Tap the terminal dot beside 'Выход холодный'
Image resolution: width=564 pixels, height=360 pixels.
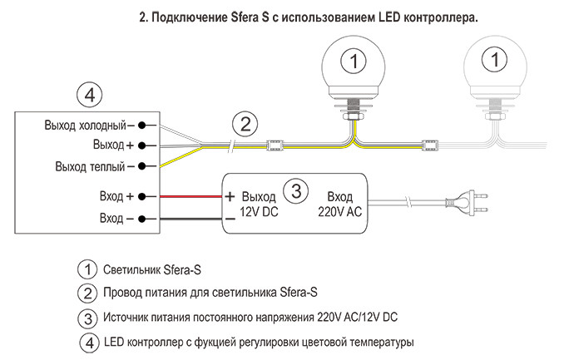(142, 126)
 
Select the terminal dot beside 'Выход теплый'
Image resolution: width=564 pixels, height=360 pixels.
(142, 166)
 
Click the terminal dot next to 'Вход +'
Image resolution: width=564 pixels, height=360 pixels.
(142, 197)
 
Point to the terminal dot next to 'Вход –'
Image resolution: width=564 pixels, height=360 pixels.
(142, 219)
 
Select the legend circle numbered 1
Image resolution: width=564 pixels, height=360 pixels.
(87, 269)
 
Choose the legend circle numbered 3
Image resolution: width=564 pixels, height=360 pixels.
(87, 318)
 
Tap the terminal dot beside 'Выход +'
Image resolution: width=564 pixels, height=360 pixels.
(142, 145)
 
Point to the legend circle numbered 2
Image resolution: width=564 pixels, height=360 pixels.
(87, 293)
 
